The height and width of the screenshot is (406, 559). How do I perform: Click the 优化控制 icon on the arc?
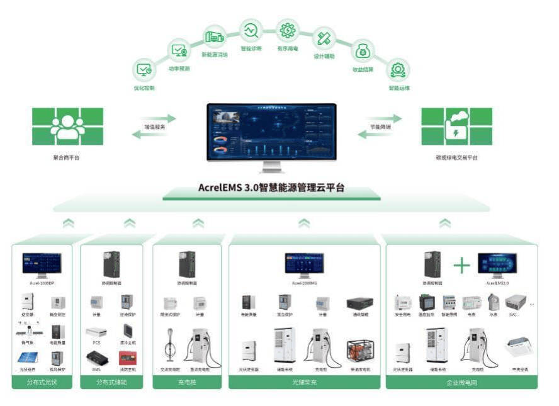coord(144,70)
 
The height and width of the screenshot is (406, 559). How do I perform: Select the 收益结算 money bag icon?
coord(363,50)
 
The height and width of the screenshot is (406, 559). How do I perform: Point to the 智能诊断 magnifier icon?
coord(251,30)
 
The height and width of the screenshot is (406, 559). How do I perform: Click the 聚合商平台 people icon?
coord(67,127)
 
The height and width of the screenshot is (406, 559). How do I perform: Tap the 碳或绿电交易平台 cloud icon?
coord(456,127)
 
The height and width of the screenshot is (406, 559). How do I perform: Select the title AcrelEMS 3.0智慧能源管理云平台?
coord(271,188)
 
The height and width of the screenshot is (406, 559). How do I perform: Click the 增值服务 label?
coord(154,127)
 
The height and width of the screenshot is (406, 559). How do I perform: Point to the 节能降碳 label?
coord(380,127)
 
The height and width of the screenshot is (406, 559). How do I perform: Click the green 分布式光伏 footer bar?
coord(43,381)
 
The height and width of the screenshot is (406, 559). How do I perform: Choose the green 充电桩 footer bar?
coord(187,381)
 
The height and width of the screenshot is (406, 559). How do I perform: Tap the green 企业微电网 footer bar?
coord(461,381)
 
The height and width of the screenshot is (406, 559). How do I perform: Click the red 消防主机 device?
coord(127,358)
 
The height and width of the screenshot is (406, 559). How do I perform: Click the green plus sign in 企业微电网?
coord(461,265)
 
